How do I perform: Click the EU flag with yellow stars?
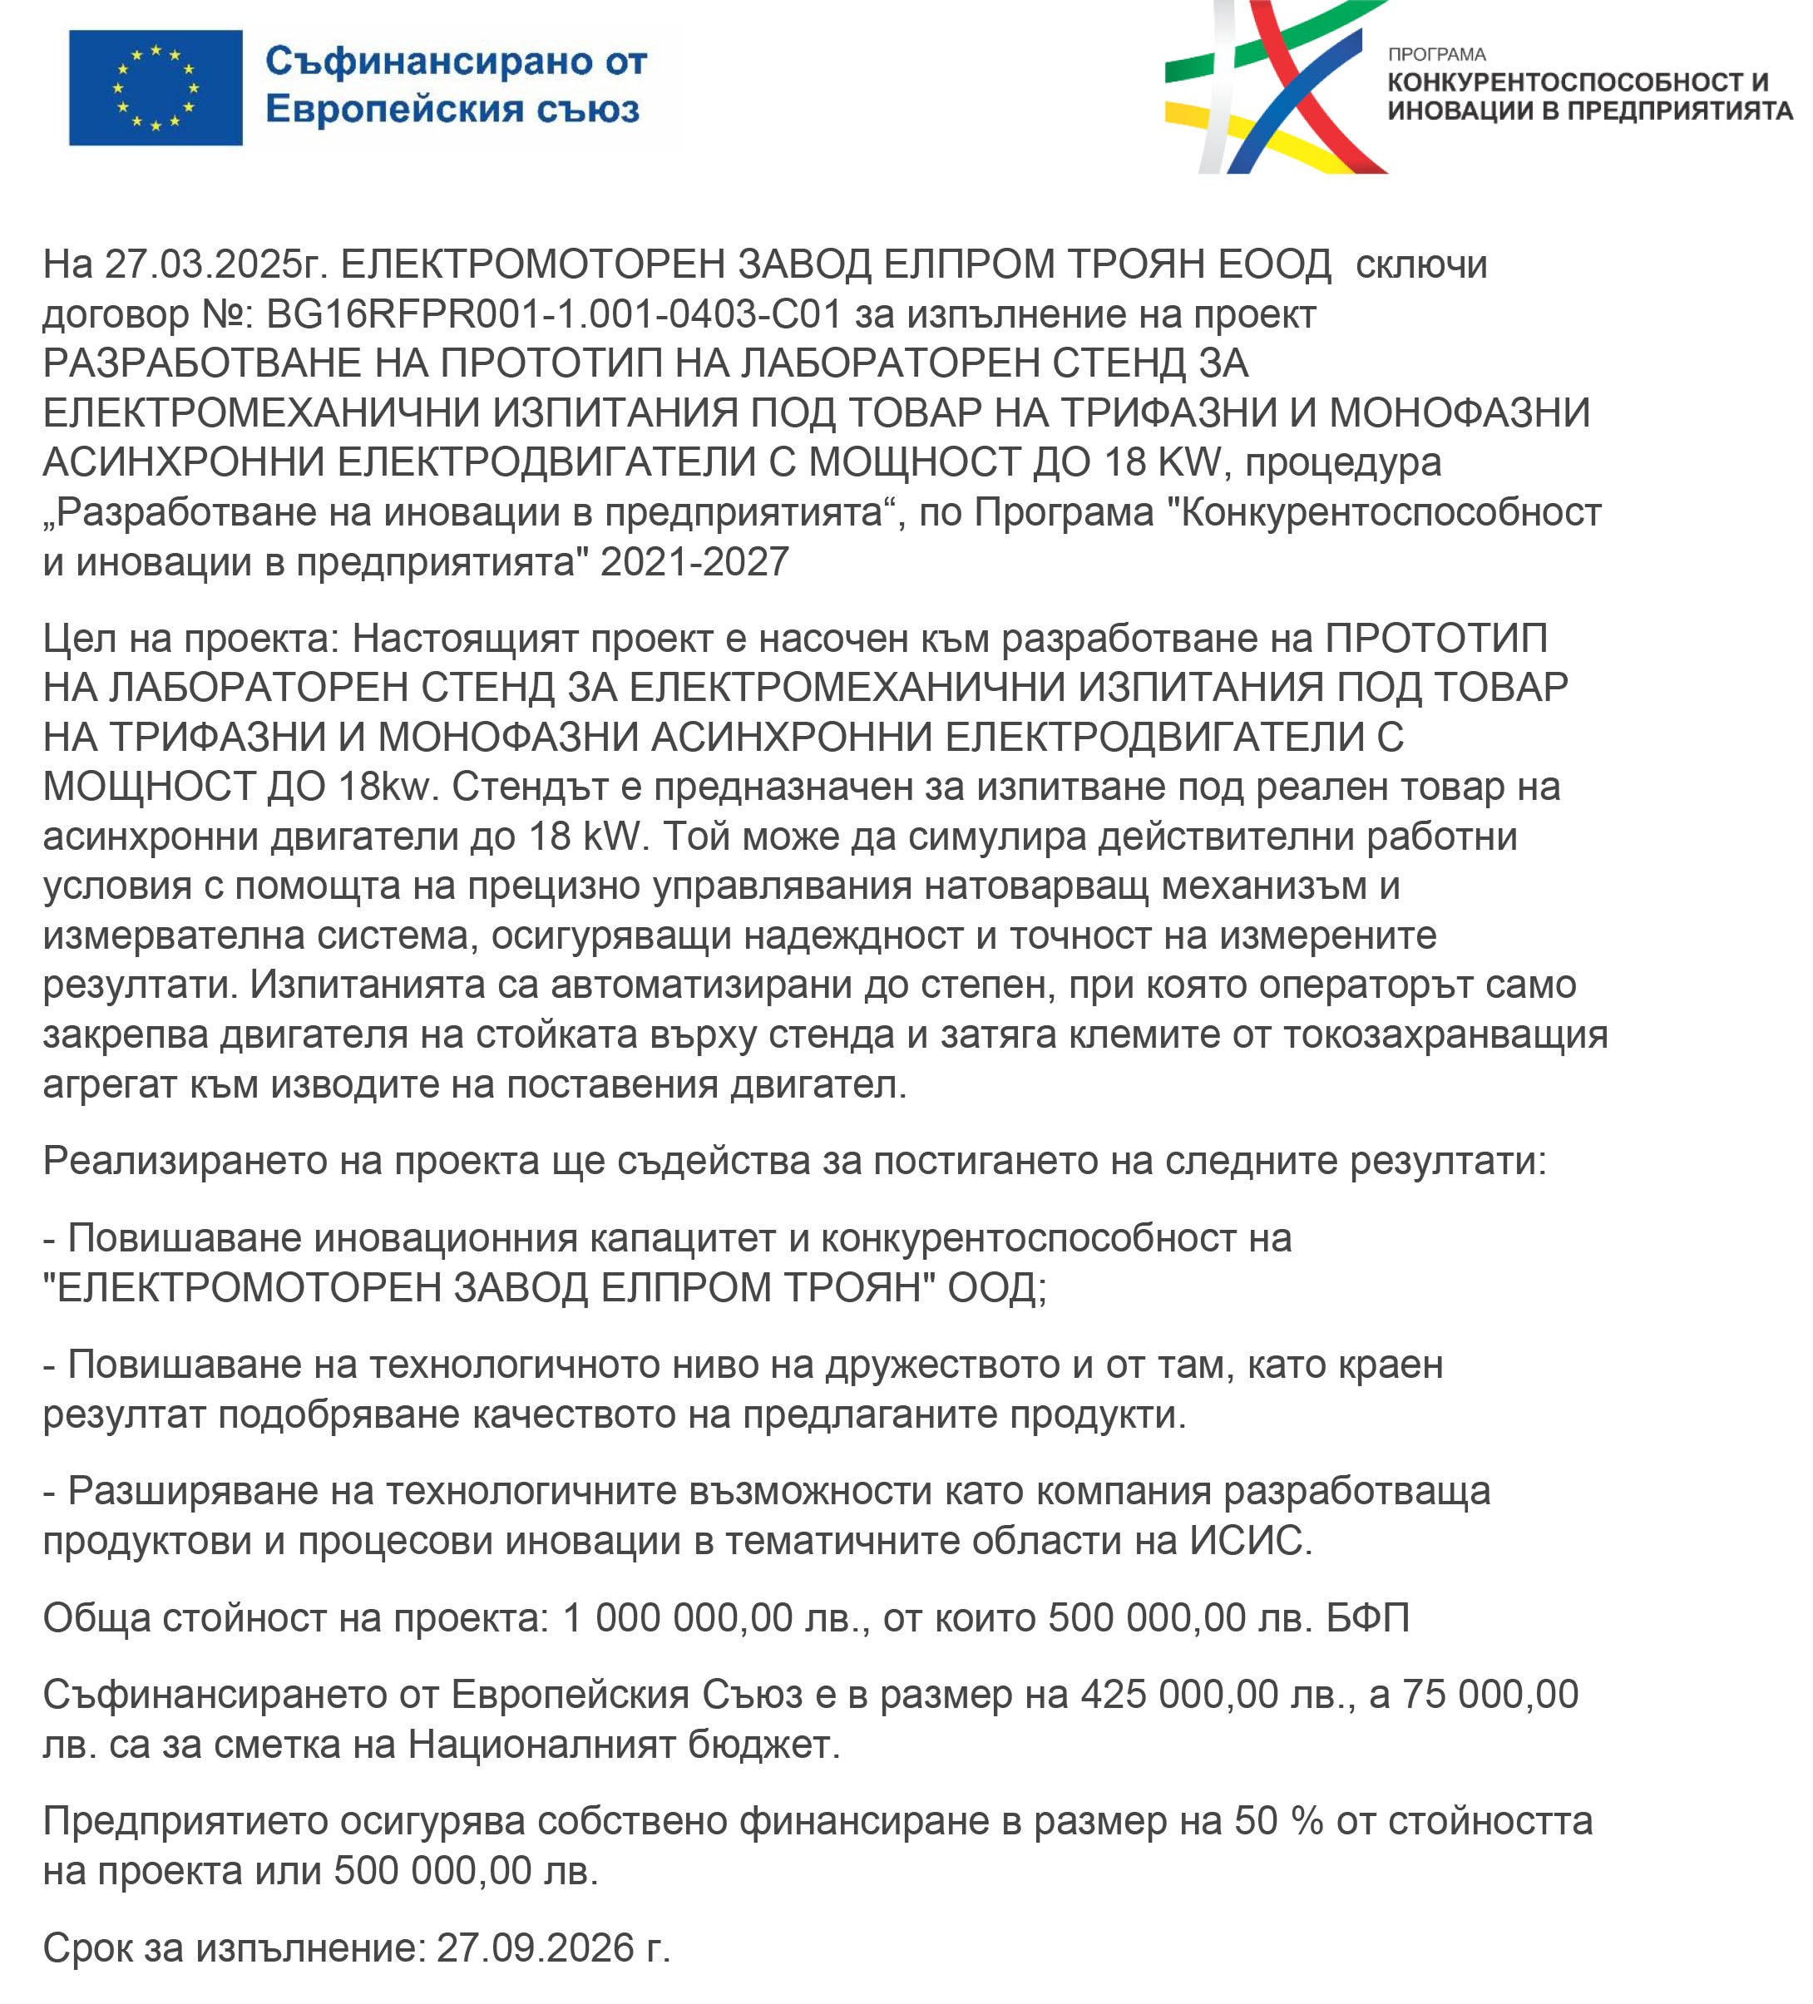click(x=155, y=87)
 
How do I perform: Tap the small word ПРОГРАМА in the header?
click(x=1436, y=55)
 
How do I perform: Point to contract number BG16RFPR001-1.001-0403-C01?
click(x=554, y=314)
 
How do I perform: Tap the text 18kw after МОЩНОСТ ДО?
click(x=385, y=787)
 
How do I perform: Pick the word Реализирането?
click(x=184, y=1161)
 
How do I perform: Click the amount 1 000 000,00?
click(x=663, y=1618)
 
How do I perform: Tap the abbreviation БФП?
click(x=1368, y=1618)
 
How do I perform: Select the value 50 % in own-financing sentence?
click(x=1278, y=1821)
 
